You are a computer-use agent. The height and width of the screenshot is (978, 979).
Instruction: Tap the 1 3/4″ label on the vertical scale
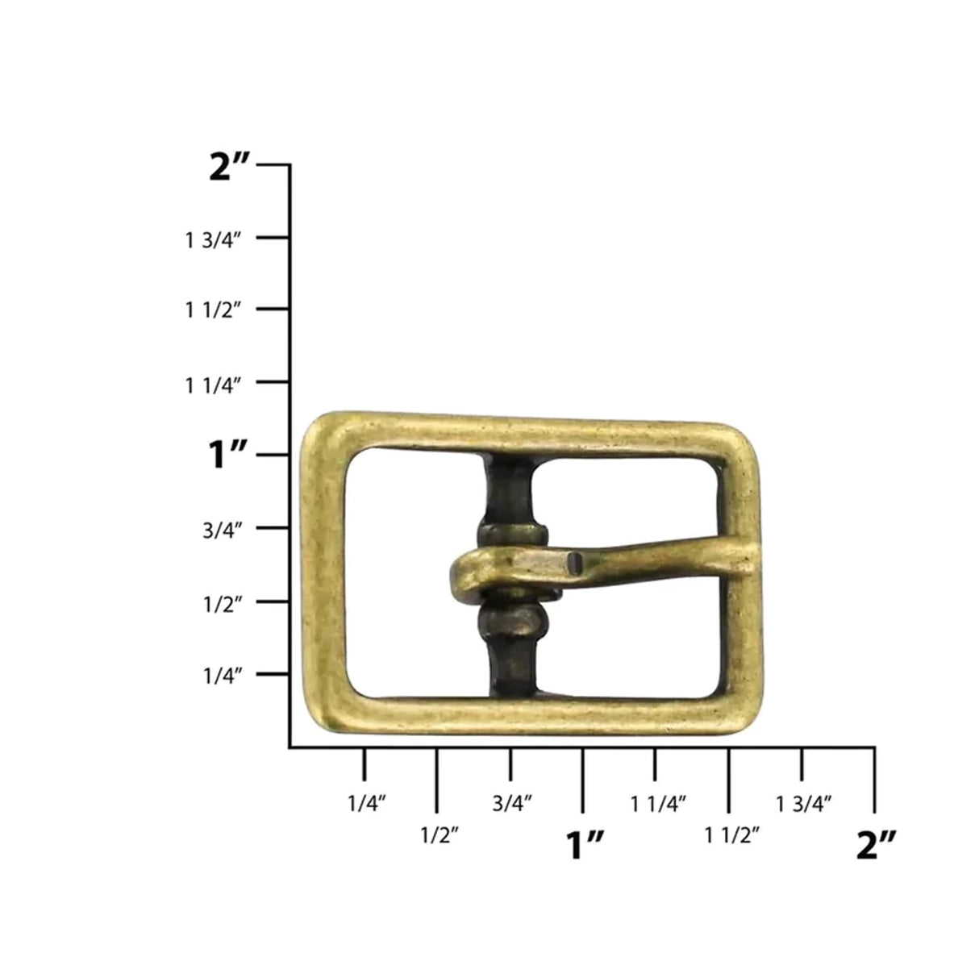(215, 239)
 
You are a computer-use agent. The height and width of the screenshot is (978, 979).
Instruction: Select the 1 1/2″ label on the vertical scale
(215, 311)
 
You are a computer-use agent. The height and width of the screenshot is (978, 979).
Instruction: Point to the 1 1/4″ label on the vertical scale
(215, 385)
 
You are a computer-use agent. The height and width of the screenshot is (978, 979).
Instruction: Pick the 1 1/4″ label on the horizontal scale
(658, 803)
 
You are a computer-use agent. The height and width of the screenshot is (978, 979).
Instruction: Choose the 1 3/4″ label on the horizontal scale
(804, 803)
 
